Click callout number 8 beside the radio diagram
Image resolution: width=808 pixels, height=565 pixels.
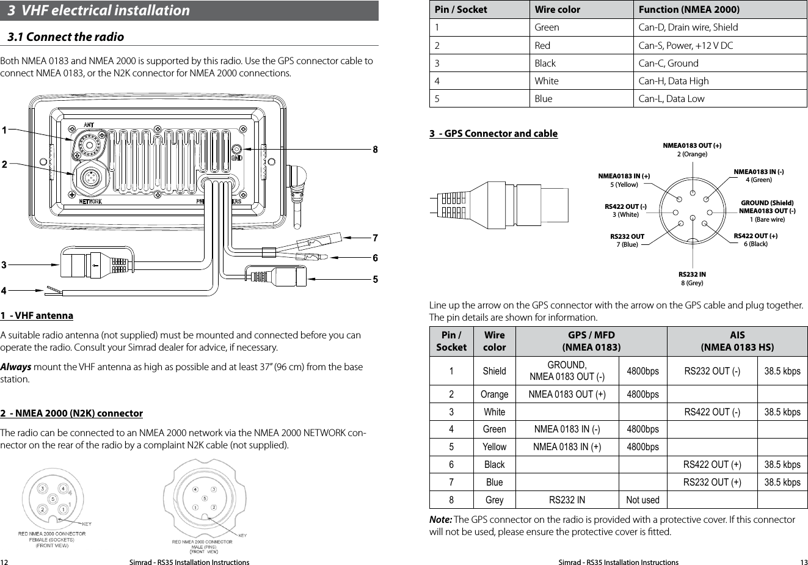376,149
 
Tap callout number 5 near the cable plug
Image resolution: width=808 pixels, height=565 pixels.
376,279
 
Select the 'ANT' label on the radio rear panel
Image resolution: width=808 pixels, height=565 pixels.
89,125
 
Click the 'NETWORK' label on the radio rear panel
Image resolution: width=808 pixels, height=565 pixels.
90,201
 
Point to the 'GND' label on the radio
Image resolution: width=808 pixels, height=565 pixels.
238,158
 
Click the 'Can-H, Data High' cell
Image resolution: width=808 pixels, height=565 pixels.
674,81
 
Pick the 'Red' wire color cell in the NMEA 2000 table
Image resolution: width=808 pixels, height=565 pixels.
542,45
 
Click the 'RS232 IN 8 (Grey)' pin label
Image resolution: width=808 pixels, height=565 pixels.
692,279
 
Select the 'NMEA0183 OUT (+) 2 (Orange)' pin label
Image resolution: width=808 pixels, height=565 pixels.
692,150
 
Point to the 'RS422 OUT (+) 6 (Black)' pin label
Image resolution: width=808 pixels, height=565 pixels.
755,239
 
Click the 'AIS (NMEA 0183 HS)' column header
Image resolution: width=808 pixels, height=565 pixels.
737,341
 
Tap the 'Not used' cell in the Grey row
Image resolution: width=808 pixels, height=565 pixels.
642,500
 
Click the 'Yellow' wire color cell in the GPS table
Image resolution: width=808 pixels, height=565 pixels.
494,447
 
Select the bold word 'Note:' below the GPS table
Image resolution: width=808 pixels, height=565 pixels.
440,519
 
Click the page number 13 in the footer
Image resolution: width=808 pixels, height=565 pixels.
803,562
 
